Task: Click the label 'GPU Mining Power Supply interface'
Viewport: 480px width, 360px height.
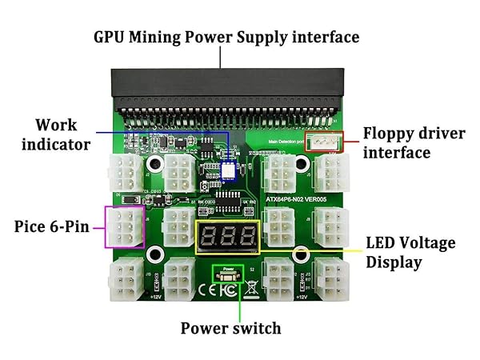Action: pos(226,36)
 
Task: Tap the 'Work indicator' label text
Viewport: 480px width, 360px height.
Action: pos(55,134)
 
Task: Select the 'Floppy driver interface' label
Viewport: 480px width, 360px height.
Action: pos(413,142)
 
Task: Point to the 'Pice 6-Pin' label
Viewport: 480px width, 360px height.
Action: pos(52,226)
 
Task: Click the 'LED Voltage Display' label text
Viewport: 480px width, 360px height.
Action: pos(410,252)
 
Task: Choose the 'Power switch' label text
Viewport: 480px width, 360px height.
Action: pos(230,328)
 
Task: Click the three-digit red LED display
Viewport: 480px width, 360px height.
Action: pos(227,235)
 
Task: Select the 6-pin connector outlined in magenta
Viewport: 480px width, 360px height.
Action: pos(124,227)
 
